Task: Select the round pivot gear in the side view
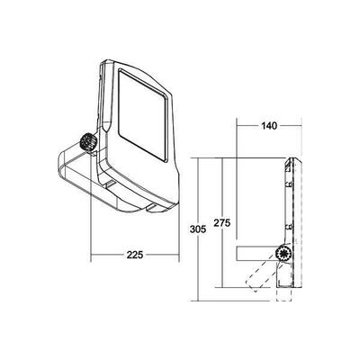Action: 284,256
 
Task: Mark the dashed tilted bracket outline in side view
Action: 258,275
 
